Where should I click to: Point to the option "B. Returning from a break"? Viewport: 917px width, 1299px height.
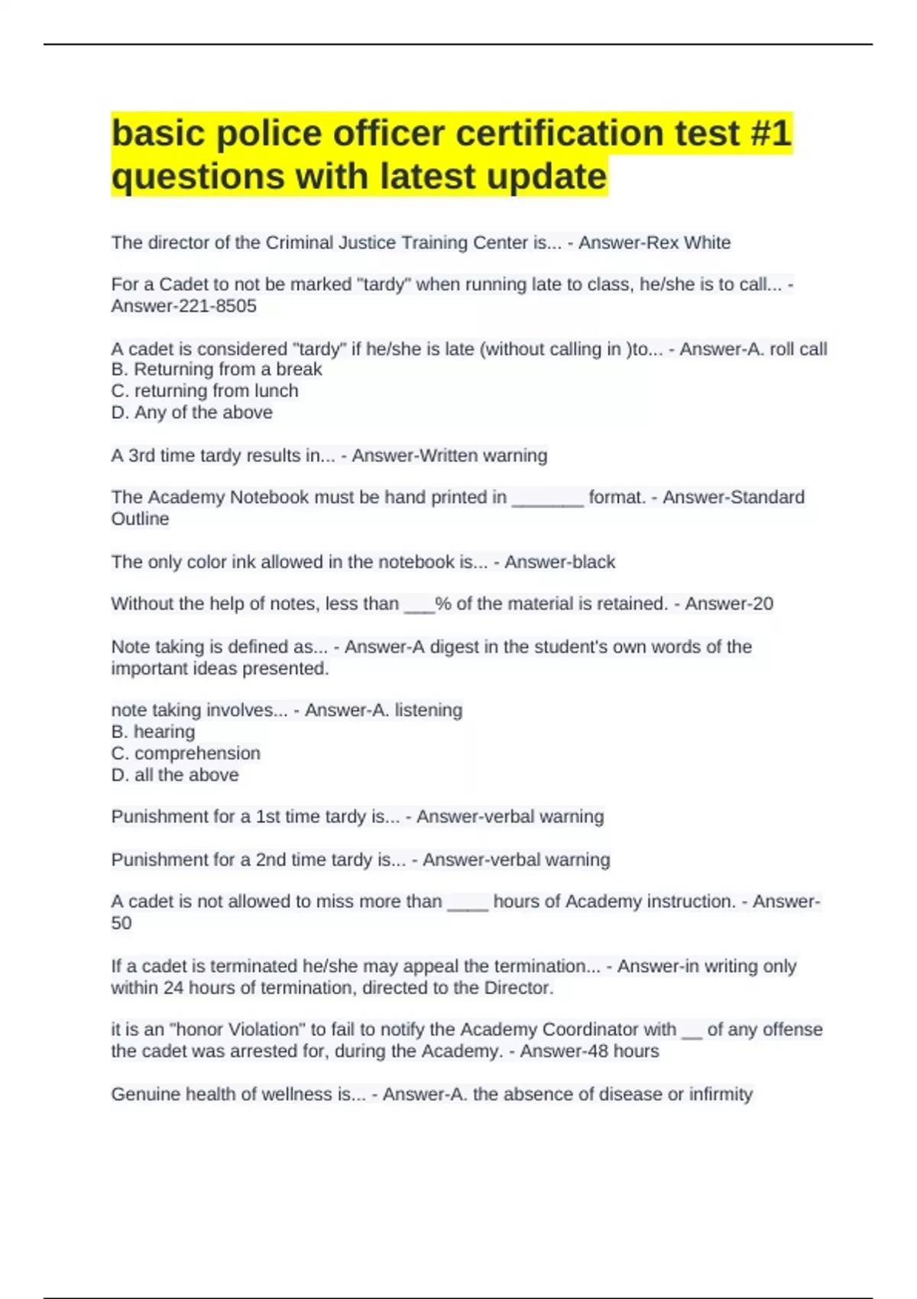(x=216, y=370)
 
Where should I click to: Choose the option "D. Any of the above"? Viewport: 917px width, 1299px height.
(x=192, y=413)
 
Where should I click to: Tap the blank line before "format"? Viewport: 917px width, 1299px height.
(x=547, y=498)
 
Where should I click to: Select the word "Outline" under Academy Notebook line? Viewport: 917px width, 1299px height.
(x=140, y=519)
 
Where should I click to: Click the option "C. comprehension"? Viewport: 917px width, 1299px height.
(x=186, y=753)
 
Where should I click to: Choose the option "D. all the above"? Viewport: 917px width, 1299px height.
(x=175, y=775)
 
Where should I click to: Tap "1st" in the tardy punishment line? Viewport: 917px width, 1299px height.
(x=268, y=817)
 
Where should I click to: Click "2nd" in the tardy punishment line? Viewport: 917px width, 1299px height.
(x=271, y=860)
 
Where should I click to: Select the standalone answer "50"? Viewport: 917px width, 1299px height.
(x=122, y=923)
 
